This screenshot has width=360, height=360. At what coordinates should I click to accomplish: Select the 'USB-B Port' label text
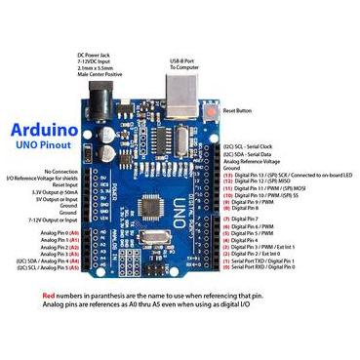click(x=185, y=60)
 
